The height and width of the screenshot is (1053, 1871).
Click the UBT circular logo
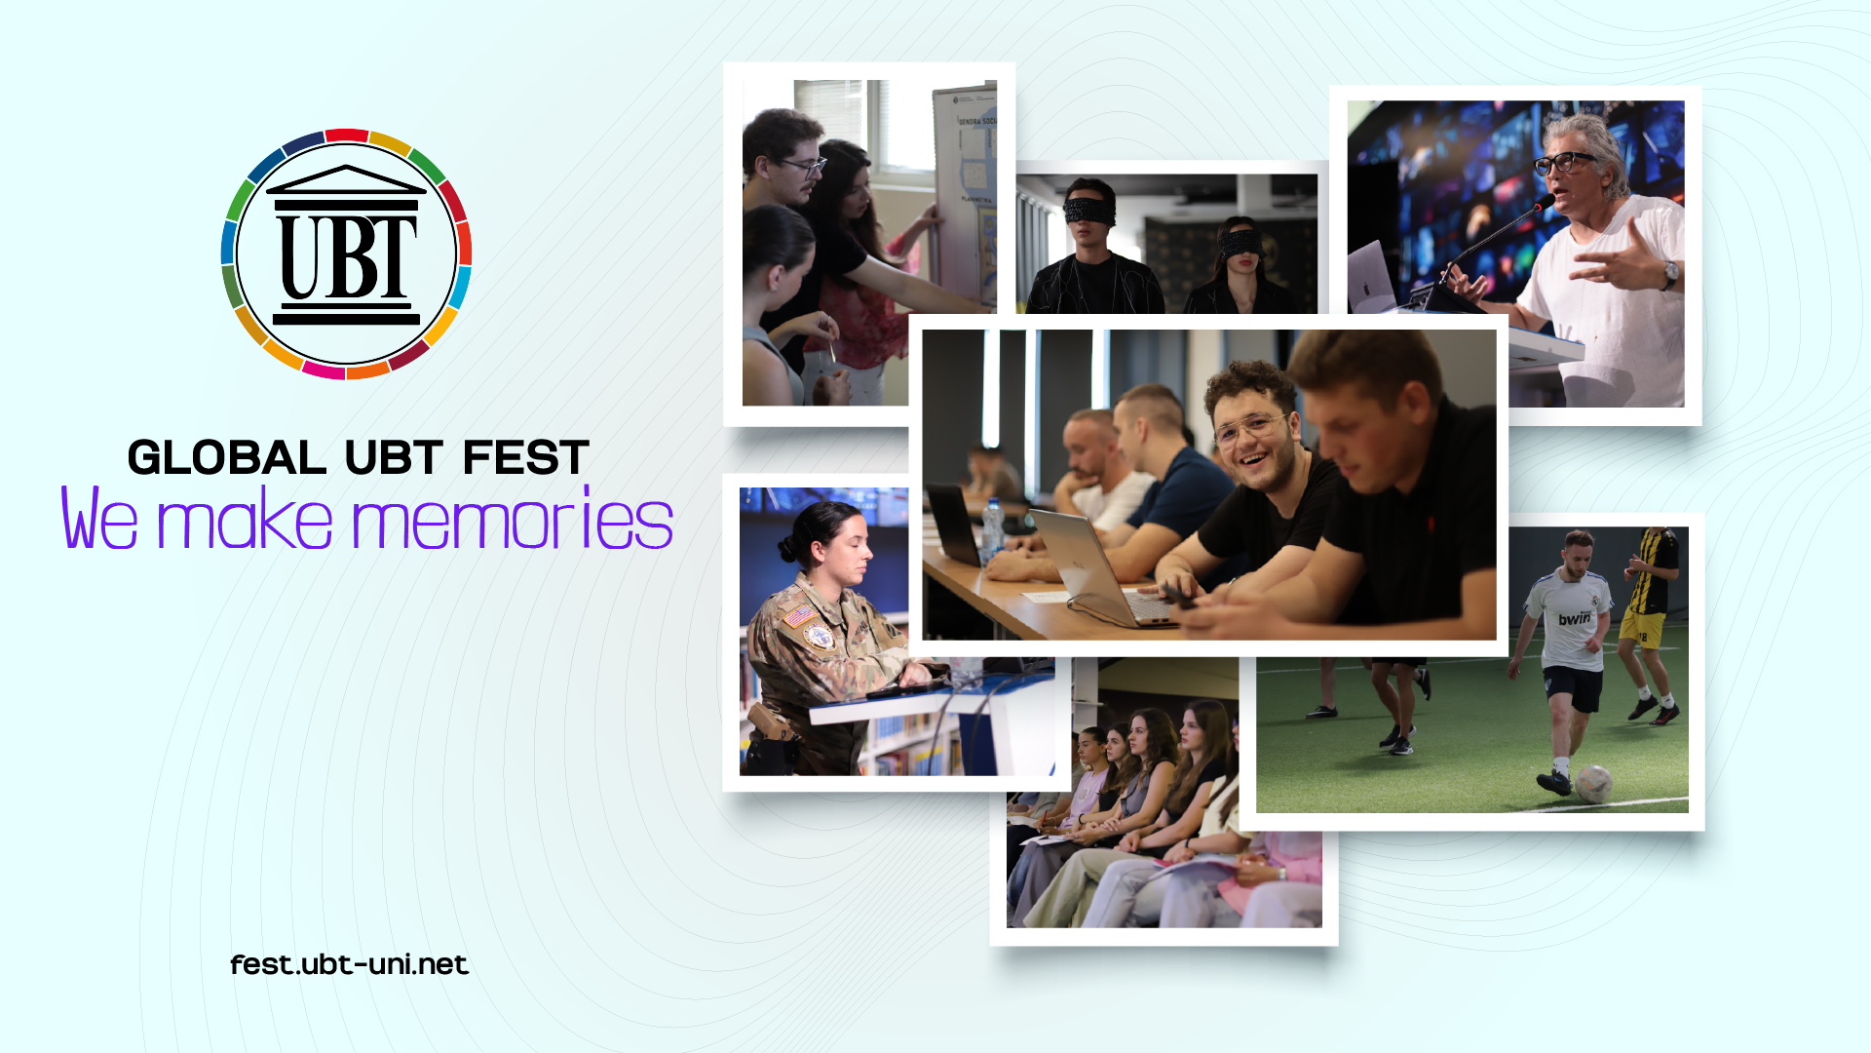point(347,253)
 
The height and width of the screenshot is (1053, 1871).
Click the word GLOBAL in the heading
point(227,458)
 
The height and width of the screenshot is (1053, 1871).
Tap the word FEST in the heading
point(526,458)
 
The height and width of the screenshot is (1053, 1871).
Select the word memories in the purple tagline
point(513,519)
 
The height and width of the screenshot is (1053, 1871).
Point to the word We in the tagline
point(99,519)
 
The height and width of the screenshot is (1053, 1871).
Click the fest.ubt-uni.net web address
point(350,964)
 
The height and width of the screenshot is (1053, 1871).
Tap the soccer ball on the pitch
point(1593,783)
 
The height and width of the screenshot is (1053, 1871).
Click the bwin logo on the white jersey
point(1574,618)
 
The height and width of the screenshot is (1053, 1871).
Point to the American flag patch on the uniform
point(799,616)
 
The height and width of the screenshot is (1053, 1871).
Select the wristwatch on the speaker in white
point(1670,275)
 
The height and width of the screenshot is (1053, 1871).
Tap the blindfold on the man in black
point(1089,209)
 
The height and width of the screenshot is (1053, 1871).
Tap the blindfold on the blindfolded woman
point(1241,243)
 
